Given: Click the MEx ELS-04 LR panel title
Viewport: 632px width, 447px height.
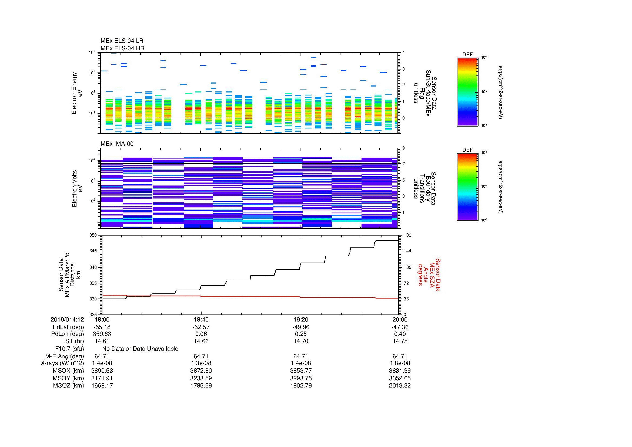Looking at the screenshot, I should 122,41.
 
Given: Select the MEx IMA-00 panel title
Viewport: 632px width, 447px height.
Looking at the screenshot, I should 117,144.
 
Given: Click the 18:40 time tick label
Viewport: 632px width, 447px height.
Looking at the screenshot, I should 201,319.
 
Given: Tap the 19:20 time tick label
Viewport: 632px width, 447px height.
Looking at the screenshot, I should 301,319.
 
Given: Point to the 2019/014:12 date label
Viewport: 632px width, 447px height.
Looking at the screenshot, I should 67,319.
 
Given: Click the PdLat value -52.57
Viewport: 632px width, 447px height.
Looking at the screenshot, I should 201,327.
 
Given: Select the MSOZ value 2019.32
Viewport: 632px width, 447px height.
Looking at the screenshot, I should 400,386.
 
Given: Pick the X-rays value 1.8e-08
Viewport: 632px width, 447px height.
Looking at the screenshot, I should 400,363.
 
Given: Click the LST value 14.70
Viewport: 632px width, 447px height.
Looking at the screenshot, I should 301,341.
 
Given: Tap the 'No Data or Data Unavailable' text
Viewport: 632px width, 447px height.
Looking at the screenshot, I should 140,349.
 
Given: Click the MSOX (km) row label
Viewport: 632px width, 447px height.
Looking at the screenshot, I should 68,371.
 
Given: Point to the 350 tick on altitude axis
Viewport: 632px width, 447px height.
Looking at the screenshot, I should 93,235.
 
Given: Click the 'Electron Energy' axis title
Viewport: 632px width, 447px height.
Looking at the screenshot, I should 74,93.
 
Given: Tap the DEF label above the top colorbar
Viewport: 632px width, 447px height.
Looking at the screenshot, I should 467,55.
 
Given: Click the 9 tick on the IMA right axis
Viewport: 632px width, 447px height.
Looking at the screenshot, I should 403,148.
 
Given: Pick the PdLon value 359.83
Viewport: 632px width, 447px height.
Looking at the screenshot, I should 102,334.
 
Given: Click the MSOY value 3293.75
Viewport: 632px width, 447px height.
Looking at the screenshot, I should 301,378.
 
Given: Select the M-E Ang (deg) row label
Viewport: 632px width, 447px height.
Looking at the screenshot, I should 65,356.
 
